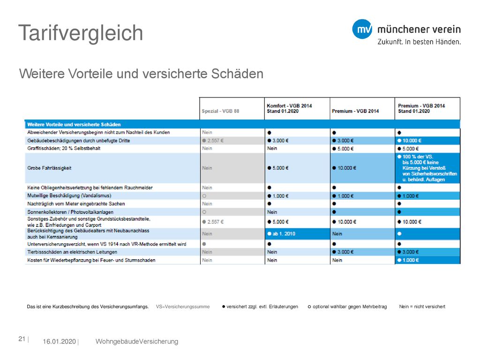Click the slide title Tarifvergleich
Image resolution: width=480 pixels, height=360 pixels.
(x=81, y=33)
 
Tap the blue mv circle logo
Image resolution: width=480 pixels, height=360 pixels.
(x=362, y=29)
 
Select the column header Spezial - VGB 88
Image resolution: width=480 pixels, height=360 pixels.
(x=220, y=111)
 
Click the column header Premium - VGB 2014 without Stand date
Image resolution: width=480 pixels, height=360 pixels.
(x=355, y=111)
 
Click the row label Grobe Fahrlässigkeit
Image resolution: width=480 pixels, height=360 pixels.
(x=49, y=168)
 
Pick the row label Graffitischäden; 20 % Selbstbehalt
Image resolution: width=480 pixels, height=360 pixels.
(x=64, y=149)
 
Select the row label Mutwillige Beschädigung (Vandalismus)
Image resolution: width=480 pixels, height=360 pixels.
(x=69, y=195)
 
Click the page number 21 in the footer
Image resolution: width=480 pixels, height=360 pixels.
(x=22, y=339)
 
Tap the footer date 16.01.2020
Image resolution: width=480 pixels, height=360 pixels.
(x=59, y=342)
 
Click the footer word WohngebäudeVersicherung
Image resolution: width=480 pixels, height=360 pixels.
(x=137, y=342)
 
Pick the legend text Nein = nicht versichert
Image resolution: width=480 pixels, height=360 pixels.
(x=422, y=307)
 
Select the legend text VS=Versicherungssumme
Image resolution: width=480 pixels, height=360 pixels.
(x=183, y=307)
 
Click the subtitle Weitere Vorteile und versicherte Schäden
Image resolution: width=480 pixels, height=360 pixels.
(x=141, y=74)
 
